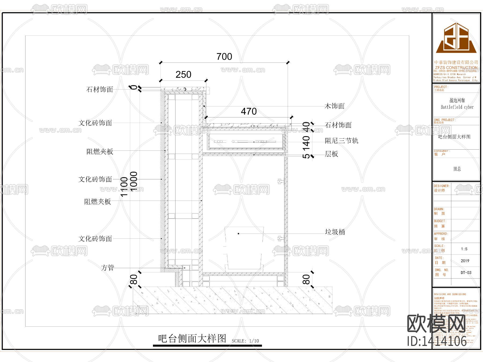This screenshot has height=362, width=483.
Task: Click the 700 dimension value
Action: (224, 57)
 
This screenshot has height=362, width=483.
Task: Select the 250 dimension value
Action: (183, 75)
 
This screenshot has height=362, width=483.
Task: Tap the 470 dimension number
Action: (249, 111)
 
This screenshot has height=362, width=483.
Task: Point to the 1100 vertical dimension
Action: (124, 187)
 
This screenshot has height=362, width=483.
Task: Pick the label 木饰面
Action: (334, 106)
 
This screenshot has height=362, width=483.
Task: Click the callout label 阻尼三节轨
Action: (341, 141)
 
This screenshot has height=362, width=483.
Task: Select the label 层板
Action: (331, 154)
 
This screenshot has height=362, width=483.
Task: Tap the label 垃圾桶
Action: (335, 232)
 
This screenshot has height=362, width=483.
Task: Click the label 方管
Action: (108, 268)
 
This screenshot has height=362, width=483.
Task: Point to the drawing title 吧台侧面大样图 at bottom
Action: (192, 338)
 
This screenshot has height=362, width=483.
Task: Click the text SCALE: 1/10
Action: (245, 341)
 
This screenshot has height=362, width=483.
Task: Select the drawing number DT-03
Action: (466, 273)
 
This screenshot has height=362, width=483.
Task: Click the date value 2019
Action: (465, 261)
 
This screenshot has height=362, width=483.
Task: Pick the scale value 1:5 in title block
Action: (464, 249)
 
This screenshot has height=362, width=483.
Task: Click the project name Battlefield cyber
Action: (457, 107)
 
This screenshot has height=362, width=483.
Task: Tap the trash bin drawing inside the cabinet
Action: (244, 248)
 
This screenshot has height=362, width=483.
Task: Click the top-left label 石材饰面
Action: (100, 90)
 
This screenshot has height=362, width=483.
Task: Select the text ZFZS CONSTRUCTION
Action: (456, 68)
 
